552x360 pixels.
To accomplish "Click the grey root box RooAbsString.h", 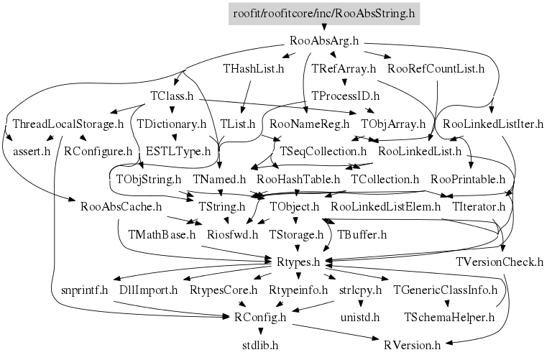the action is (324, 14).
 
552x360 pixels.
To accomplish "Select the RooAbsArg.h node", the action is (324, 41).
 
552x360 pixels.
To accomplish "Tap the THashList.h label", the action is (254, 68).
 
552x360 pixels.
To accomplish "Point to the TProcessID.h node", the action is (345, 96).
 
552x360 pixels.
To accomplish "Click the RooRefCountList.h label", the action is (436, 68).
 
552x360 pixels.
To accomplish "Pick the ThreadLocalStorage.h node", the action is (68, 124).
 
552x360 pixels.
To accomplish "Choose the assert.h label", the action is (32, 152).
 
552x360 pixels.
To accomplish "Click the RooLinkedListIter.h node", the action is (493, 124).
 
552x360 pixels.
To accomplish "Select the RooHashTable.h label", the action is (298, 180).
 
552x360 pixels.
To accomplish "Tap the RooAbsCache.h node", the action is (121, 206).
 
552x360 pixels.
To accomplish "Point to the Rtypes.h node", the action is (298, 262).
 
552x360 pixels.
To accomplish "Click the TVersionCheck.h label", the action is (500, 262).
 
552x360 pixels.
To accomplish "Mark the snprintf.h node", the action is (85, 290).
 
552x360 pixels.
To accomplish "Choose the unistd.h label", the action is (360, 318).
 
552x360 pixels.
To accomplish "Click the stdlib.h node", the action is (260, 345).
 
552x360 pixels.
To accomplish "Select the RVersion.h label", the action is (413, 345).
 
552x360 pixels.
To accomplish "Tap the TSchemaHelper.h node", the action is (449, 318).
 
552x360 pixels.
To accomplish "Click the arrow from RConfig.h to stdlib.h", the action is (260, 331).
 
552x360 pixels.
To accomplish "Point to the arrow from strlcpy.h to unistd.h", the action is (360, 303).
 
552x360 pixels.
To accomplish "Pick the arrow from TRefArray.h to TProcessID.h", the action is (345, 82).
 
